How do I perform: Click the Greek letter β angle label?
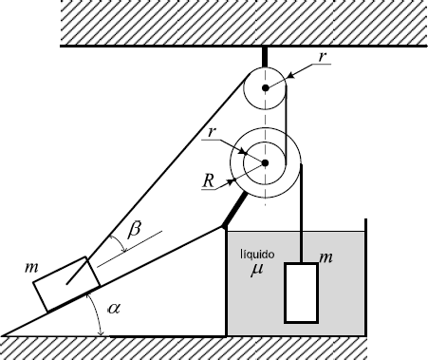click(134, 231)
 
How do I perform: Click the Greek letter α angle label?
click(114, 308)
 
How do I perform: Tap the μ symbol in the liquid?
click(256, 270)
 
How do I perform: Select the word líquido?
click(257, 255)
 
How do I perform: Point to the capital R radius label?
click(208, 181)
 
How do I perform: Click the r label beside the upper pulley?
click(323, 57)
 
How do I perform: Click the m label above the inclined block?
click(31, 268)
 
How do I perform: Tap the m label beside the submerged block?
click(326, 258)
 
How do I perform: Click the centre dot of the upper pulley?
click(266, 87)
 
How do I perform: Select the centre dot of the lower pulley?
click(265, 162)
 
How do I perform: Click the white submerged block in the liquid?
click(301, 293)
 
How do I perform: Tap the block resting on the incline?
click(65, 284)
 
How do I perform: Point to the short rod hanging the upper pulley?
click(265, 57)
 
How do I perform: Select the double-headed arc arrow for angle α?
click(98, 313)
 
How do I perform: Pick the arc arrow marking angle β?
click(119, 243)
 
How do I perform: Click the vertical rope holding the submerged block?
click(302, 214)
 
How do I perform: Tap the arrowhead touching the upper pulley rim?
click(292, 75)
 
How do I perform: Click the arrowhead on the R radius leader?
click(231, 182)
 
